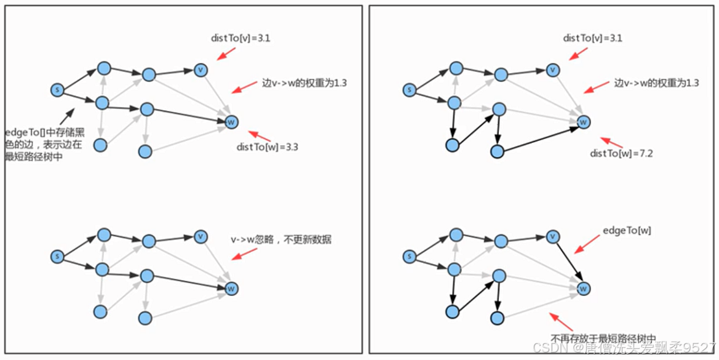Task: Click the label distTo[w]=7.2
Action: pos(621,153)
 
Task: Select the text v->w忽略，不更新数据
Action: pos(281,239)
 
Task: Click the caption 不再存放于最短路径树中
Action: pos(603,338)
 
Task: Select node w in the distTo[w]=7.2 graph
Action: pos(584,122)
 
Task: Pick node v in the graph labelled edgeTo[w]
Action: pos(552,237)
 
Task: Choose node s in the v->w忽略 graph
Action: pos(57,256)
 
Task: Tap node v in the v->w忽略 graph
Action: pos(200,236)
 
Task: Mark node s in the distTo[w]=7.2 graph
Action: pos(409,90)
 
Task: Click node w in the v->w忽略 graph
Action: pos(231,288)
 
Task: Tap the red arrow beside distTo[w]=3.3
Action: pos(259,135)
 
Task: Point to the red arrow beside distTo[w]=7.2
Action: pos(610,142)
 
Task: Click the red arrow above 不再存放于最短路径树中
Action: pos(561,322)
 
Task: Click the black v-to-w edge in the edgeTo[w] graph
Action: pos(568,262)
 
